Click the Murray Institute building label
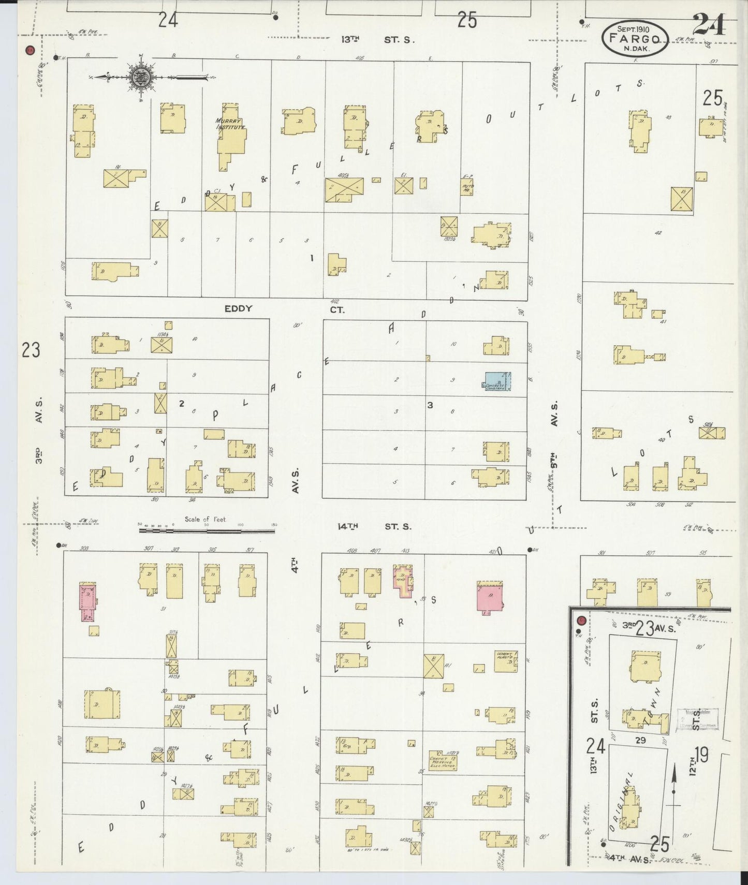[x=230, y=124]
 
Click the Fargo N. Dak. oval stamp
[x=635, y=38]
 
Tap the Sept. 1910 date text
[x=633, y=28]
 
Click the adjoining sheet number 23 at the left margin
[x=31, y=350]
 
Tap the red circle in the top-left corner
[x=30, y=51]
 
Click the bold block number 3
[x=430, y=405]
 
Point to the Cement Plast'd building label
[x=505, y=657]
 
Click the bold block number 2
[x=182, y=404]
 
